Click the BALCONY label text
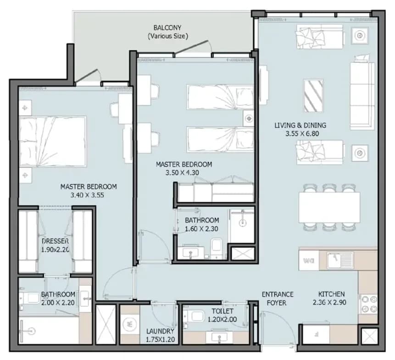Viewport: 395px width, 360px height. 167,28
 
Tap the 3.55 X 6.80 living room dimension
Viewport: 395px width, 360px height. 302,133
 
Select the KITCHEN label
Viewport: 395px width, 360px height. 331,294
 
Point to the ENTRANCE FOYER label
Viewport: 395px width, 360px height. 278,299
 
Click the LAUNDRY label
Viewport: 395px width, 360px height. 160,331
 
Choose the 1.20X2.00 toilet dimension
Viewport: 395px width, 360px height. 222,320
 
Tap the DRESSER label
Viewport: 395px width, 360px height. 55,241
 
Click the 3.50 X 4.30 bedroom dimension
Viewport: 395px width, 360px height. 182,173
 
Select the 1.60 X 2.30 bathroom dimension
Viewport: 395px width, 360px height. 201,229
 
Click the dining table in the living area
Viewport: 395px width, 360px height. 329,207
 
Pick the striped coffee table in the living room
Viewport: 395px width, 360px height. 313,96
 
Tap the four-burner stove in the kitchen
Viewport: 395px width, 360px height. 368,304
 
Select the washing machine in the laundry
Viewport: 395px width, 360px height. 129,324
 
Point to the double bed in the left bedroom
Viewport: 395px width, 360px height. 53,141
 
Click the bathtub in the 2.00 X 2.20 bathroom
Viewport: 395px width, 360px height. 49,330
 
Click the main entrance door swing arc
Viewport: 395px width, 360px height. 282,321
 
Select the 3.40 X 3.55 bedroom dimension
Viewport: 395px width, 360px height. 87,195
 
